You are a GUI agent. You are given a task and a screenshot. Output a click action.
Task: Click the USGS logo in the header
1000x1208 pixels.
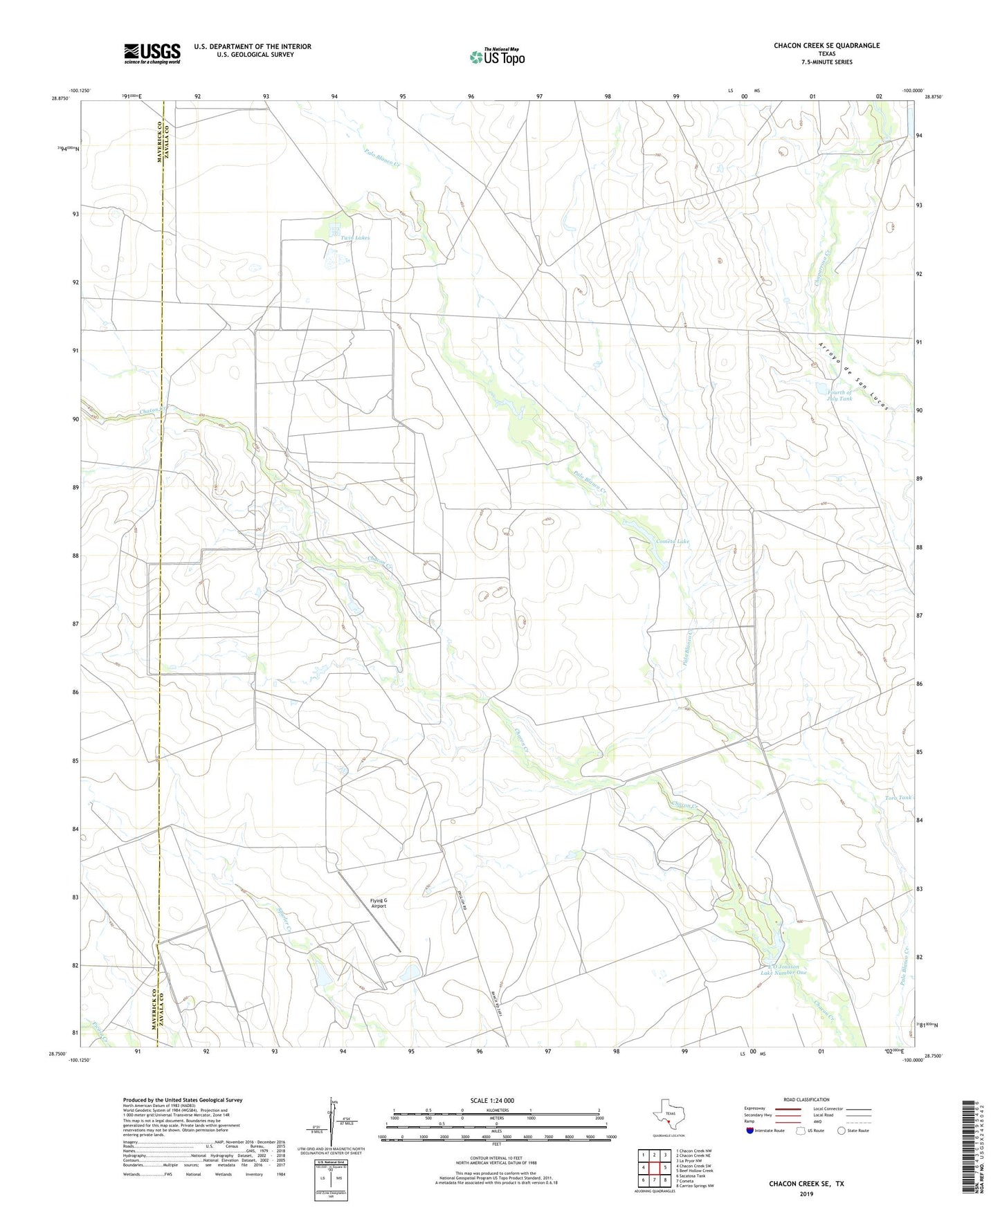pos(152,53)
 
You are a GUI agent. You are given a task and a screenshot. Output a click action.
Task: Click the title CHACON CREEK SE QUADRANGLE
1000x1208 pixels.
pos(826,46)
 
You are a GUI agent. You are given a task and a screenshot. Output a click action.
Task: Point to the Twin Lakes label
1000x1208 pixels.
pos(355,238)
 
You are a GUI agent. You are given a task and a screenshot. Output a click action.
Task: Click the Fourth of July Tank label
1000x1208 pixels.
pos(839,395)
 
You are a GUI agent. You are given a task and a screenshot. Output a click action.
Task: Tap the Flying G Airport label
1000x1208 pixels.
pos(379,904)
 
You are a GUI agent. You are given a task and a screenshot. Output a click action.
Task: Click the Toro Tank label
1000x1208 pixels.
pos(898,797)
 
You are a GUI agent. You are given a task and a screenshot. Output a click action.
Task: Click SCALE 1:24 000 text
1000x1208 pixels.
pos(492,1101)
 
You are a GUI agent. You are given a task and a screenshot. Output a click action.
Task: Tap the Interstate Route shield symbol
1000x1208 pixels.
pos(751,1131)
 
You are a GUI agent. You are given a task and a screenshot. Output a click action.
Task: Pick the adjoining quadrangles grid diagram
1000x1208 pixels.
pos(654,1169)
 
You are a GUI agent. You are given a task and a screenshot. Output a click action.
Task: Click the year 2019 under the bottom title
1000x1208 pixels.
pos(806,1194)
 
